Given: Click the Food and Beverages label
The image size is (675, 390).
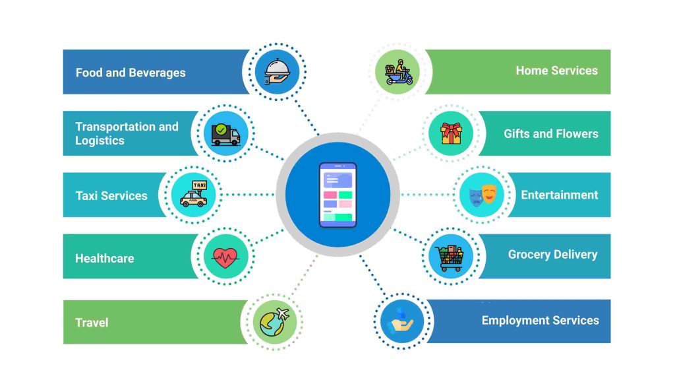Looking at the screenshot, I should click(x=131, y=73).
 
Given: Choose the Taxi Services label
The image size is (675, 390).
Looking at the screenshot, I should click(x=111, y=196).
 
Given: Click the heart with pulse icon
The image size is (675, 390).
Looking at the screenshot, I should click(x=226, y=256).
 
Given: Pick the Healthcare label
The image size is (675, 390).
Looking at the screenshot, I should click(x=104, y=259).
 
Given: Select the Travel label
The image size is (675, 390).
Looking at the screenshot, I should click(x=92, y=323).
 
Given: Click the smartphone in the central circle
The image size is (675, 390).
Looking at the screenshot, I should click(x=337, y=195).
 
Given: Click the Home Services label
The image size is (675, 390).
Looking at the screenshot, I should click(x=556, y=71).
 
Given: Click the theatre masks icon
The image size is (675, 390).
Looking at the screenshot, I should click(x=482, y=195).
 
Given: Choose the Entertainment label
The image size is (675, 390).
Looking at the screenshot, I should click(x=560, y=195).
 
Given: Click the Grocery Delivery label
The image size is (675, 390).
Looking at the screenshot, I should click(x=552, y=255).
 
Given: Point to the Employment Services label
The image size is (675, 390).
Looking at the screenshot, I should click(x=540, y=321).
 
